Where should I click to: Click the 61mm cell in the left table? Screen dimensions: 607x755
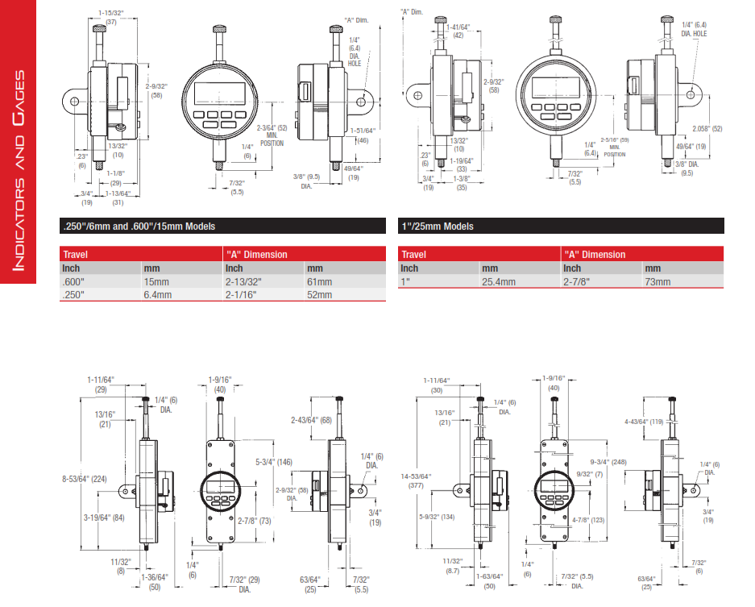[319, 282]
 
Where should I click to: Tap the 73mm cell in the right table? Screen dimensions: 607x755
[658, 282]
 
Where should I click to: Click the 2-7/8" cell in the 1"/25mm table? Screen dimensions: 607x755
[577, 282]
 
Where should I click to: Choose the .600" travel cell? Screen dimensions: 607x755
[73, 282]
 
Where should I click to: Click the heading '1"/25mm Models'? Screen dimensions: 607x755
[438, 227]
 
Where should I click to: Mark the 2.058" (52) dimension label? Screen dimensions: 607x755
[707, 129]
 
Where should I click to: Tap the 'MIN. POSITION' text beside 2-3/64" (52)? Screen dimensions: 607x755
[272, 139]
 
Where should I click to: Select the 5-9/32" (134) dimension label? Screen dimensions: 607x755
[438, 517]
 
